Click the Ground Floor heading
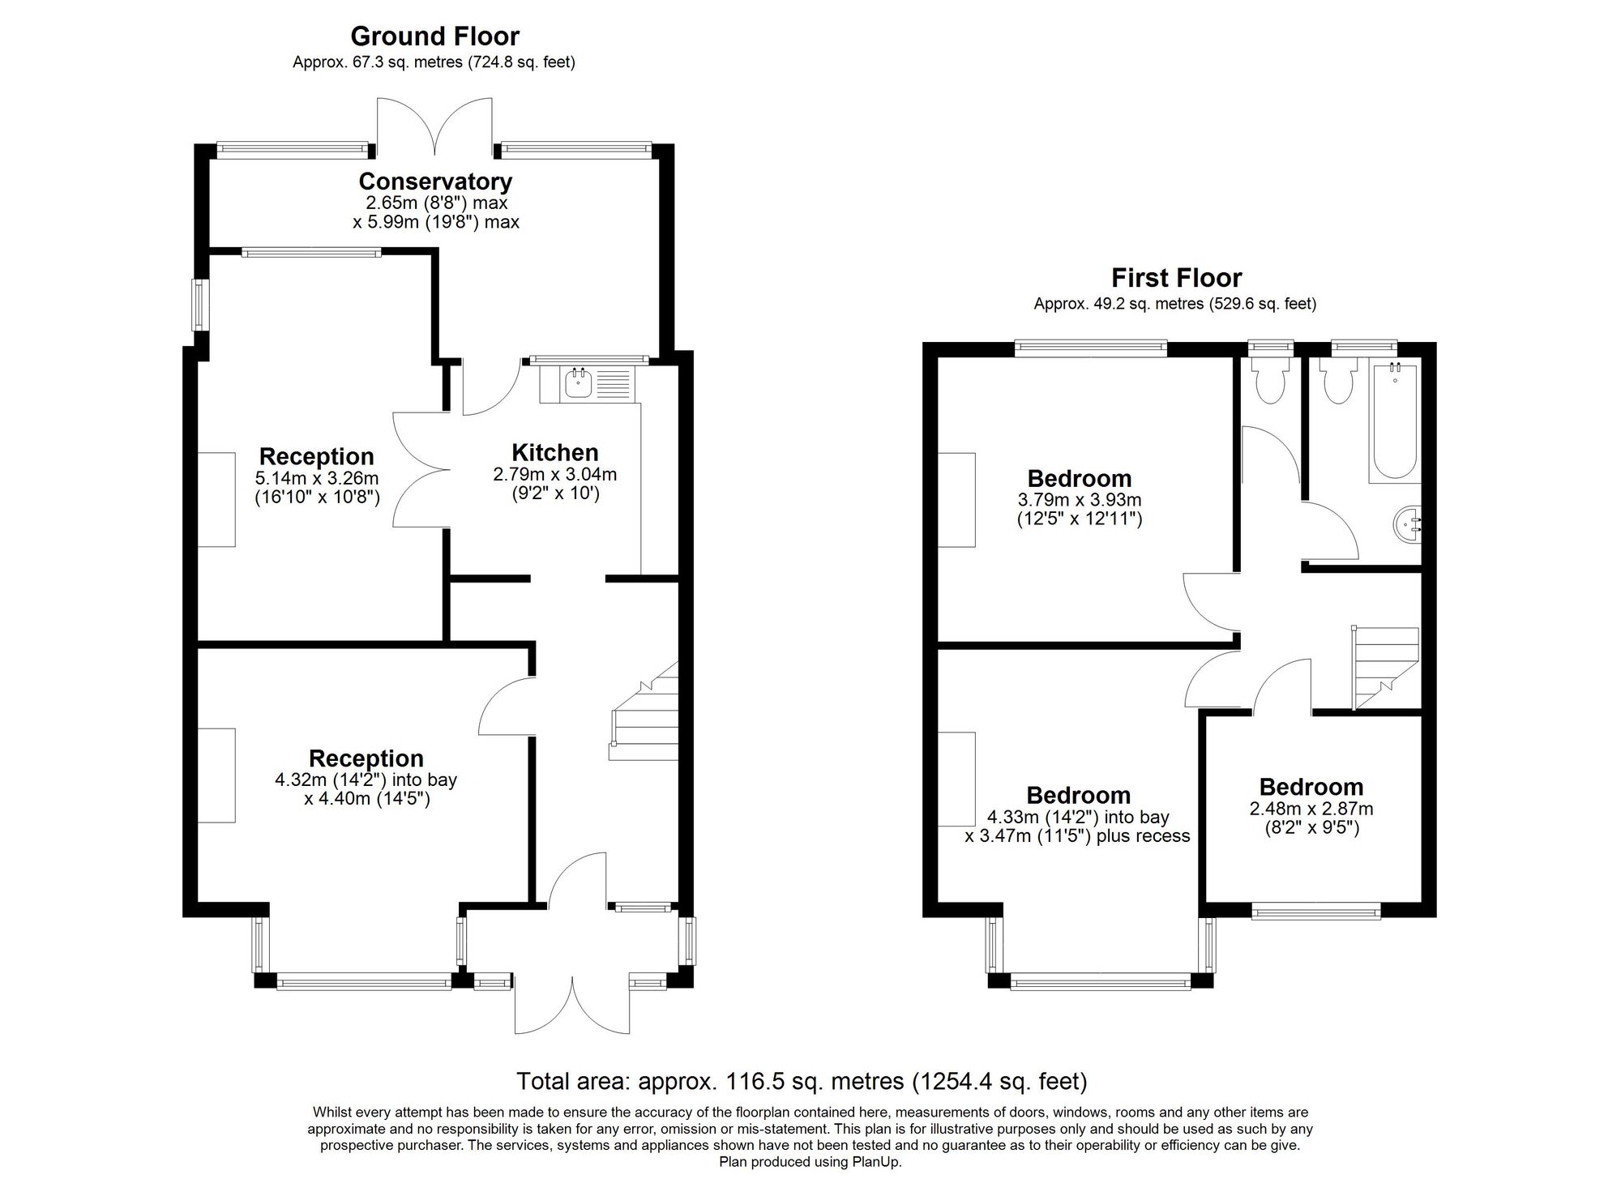434,36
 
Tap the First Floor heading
1176,278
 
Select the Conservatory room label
435,181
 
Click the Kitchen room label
555,452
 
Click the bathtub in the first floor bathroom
1393,423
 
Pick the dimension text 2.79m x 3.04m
555,474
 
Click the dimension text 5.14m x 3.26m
317,478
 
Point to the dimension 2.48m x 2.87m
1311,809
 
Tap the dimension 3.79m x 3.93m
1080,500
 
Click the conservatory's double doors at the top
435,126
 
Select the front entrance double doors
572,1005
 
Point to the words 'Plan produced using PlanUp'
810,1161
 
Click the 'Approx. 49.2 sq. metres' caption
1118,304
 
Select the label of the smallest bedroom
1311,787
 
